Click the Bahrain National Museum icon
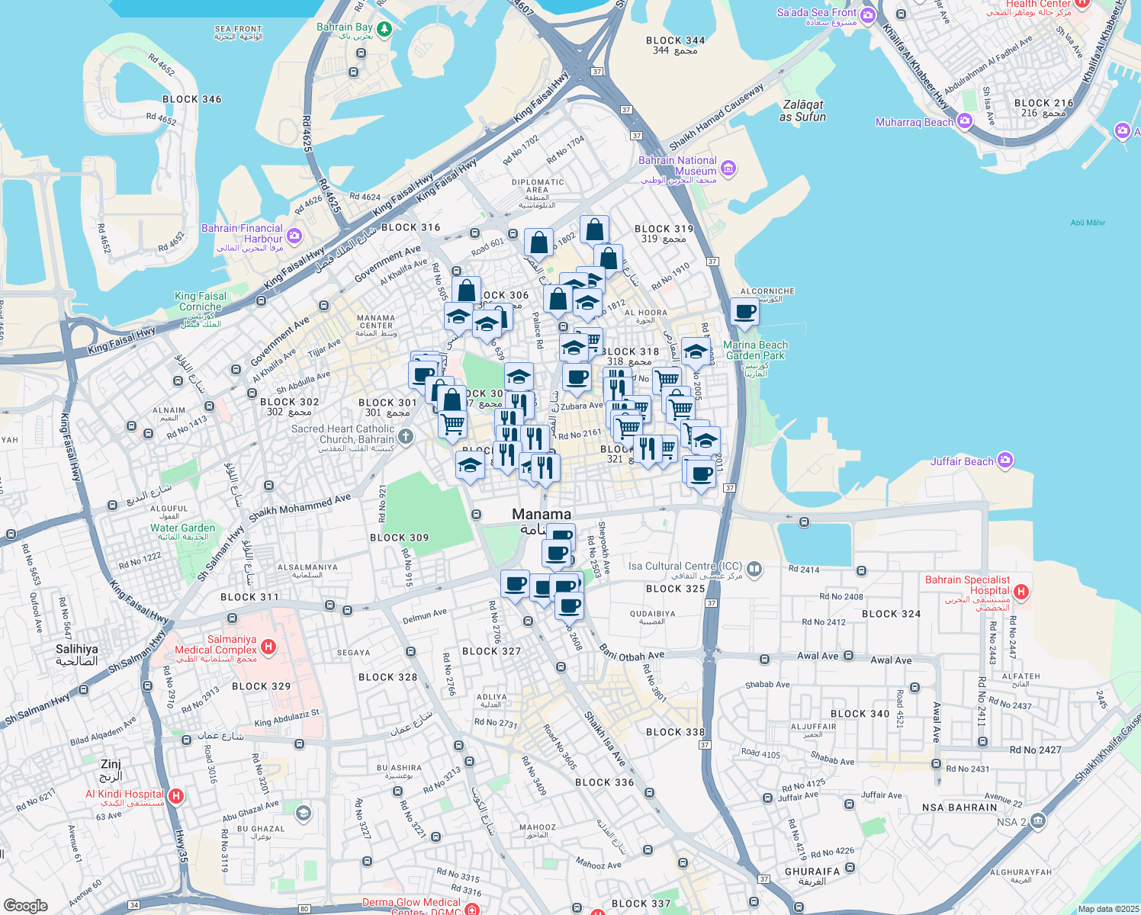(x=728, y=168)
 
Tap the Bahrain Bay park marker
(x=384, y=29)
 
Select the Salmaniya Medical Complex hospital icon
(x=268, y=647)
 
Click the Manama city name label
(x=542, y=515)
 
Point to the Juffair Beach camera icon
(x=1004, y=460)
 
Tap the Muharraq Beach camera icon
(x=965, y=121)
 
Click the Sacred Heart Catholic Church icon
(x=406, y=437)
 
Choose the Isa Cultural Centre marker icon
(x=754, y=568)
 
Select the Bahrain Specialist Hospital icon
(x=1021, y=592)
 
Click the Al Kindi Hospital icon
(x=176, y=797)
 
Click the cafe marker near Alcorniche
(x=744, y=311)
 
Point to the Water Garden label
(x=182, y=528)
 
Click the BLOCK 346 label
(x=191, y=99)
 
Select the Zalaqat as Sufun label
(x=802, y=111)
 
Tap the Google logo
(x=25, y=905)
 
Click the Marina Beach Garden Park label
(x=755, y=350)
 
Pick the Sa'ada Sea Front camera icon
(x=867, y=15)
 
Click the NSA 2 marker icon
(x=1038, y=820)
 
